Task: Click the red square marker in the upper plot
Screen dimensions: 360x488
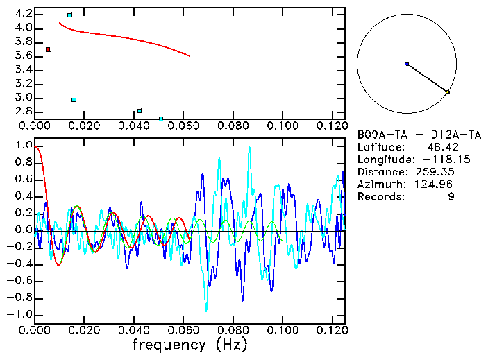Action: pyautogui.click(x=48, y=49)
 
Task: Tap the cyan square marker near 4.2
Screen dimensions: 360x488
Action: pyautogui.click(x=69, y=15)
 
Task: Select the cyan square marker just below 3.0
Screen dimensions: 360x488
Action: pyautogui.click(x=74, y=100)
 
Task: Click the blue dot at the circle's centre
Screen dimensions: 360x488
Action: pyautogui.click(x=407, y=64)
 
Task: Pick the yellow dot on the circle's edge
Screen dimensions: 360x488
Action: pyautogui.click(x=448, y=92)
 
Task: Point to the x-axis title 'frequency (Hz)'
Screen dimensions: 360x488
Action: pyautogui.click(x=190, y=344)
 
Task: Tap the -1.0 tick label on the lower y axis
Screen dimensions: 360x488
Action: pyautogui.click(x=21, y=314)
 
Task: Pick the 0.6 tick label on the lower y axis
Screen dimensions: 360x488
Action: pyautogui.click(x=24, y=180)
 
